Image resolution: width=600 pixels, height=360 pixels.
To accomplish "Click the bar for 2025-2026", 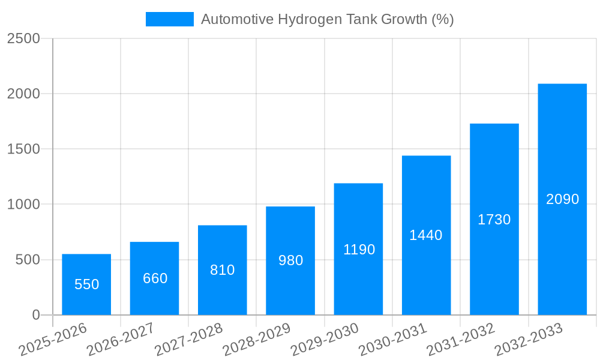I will click(x=86, y=300).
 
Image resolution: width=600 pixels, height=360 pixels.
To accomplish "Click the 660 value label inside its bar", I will click(x=155, y=278).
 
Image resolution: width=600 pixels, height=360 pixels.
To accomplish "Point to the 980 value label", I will click(x=290, y=260).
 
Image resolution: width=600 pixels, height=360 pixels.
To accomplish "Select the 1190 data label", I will click(x=359, y=250).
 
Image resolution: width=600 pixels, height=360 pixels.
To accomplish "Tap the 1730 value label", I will click(x=494, y=220).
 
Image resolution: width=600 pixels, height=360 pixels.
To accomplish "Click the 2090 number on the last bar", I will click(x=562, y=199).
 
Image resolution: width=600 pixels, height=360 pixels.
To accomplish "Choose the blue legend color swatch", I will click(x=169, y=19).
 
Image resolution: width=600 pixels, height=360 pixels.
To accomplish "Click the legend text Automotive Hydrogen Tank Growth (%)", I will click(x=327, y=19).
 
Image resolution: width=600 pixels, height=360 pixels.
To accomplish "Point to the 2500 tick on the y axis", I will click(x=23, y=38).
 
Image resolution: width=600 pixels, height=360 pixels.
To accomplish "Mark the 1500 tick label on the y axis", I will click(x=23, y=149).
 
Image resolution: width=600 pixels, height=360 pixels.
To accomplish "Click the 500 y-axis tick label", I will click(x=28, y=260).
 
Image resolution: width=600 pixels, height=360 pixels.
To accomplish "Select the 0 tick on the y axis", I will click(x=35, y=315).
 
